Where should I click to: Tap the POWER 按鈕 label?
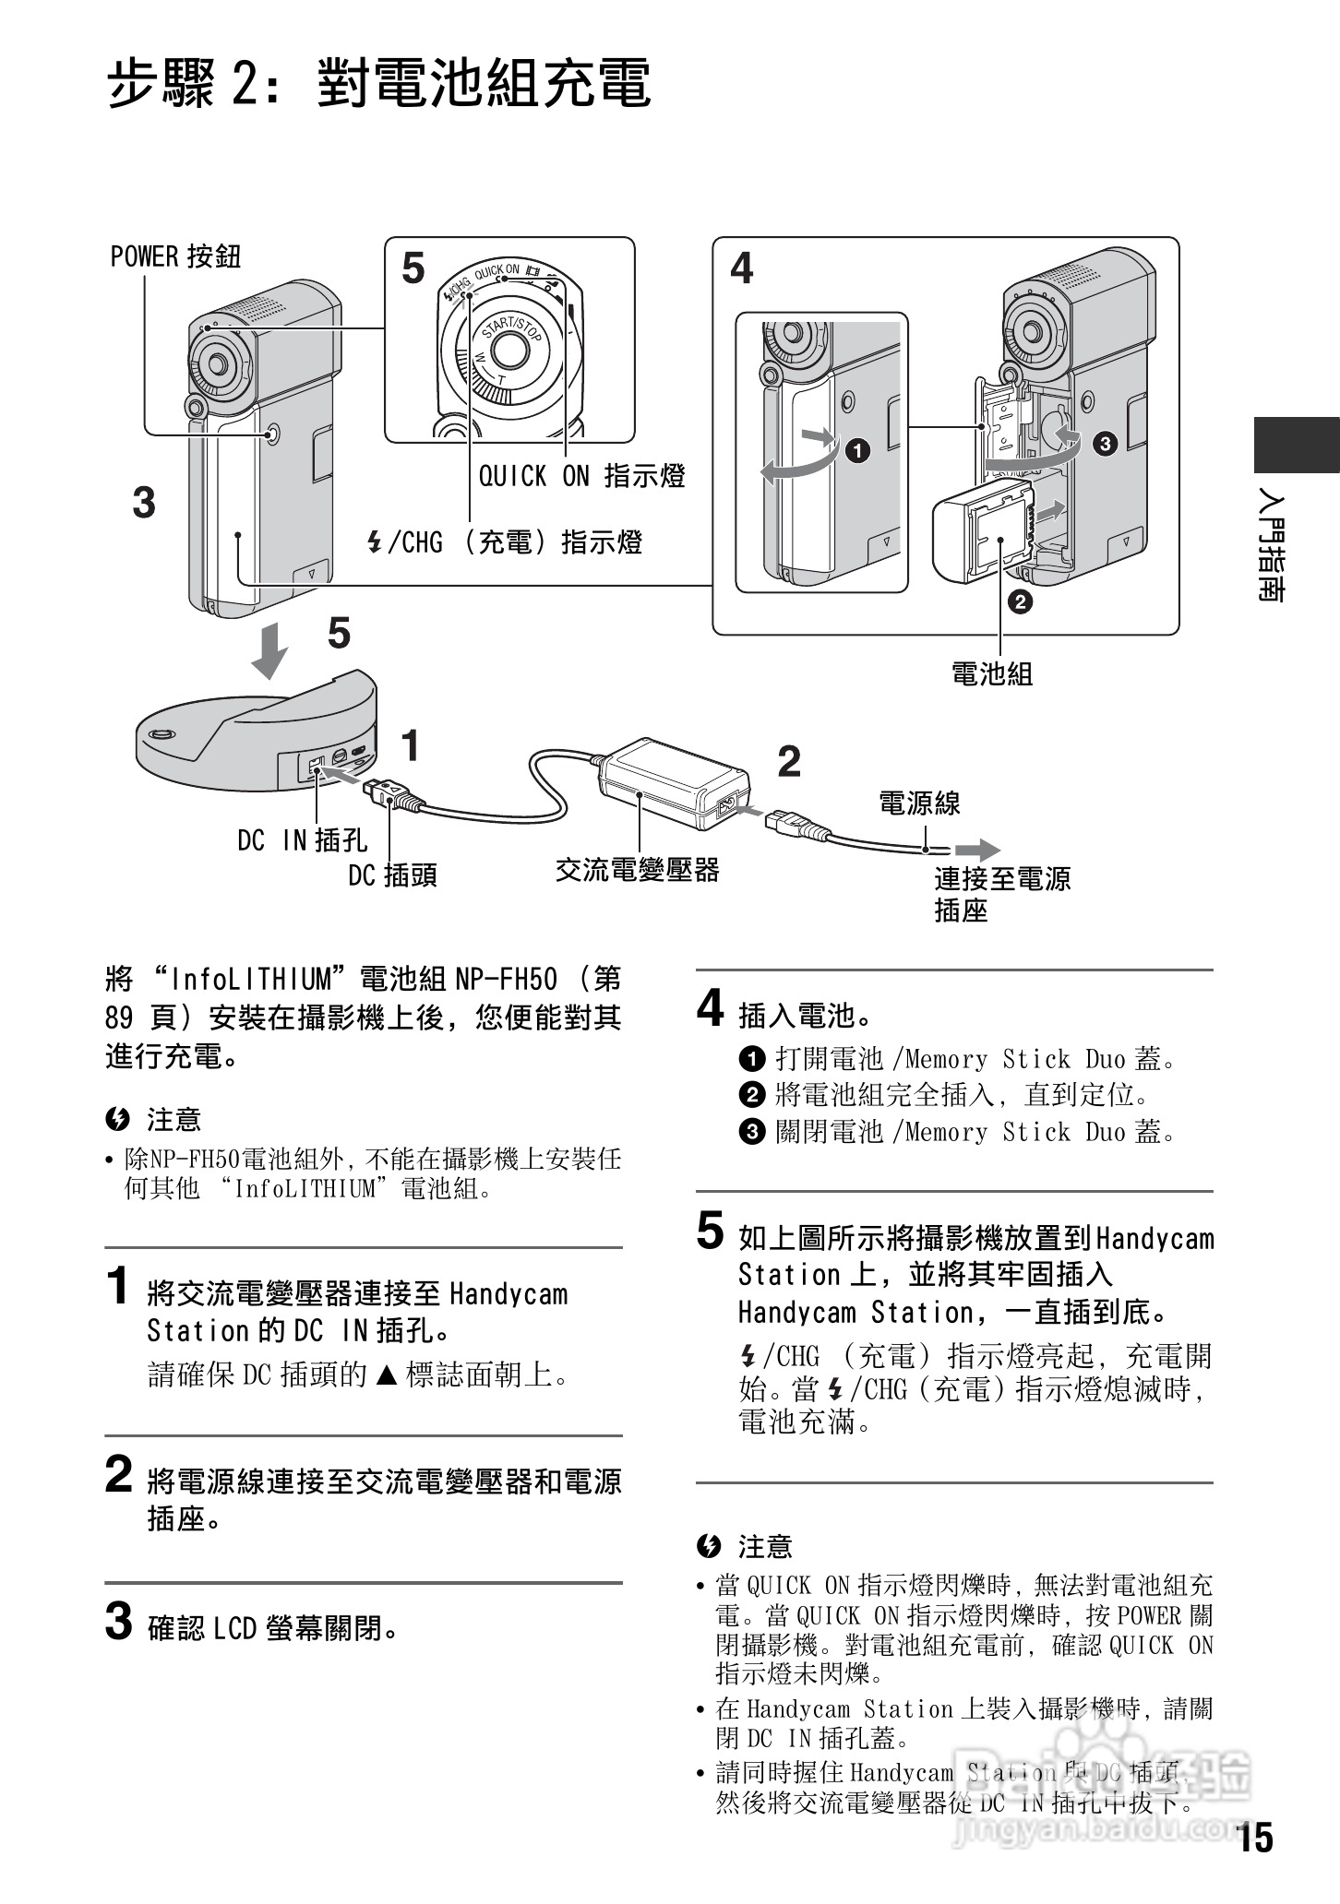(x=175, y=256)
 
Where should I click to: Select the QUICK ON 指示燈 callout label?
(x=581, y=476)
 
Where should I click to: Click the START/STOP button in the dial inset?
(x=505, y=348)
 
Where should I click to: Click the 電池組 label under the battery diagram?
(x=992, y=674)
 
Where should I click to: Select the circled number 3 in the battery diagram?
(x=1105, y=445)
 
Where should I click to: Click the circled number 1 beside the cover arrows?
(x=858, y=451)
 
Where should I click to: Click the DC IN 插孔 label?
(x=302, y=840)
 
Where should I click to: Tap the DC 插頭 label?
(x=392, y=875)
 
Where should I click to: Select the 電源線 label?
(x=919, y=803)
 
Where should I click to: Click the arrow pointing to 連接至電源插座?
(x=976, y=849)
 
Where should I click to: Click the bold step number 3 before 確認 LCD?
(x=118, y=1623)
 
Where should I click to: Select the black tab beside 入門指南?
(x=1296, y=446)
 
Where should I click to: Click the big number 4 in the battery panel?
(x=741, y=268)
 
